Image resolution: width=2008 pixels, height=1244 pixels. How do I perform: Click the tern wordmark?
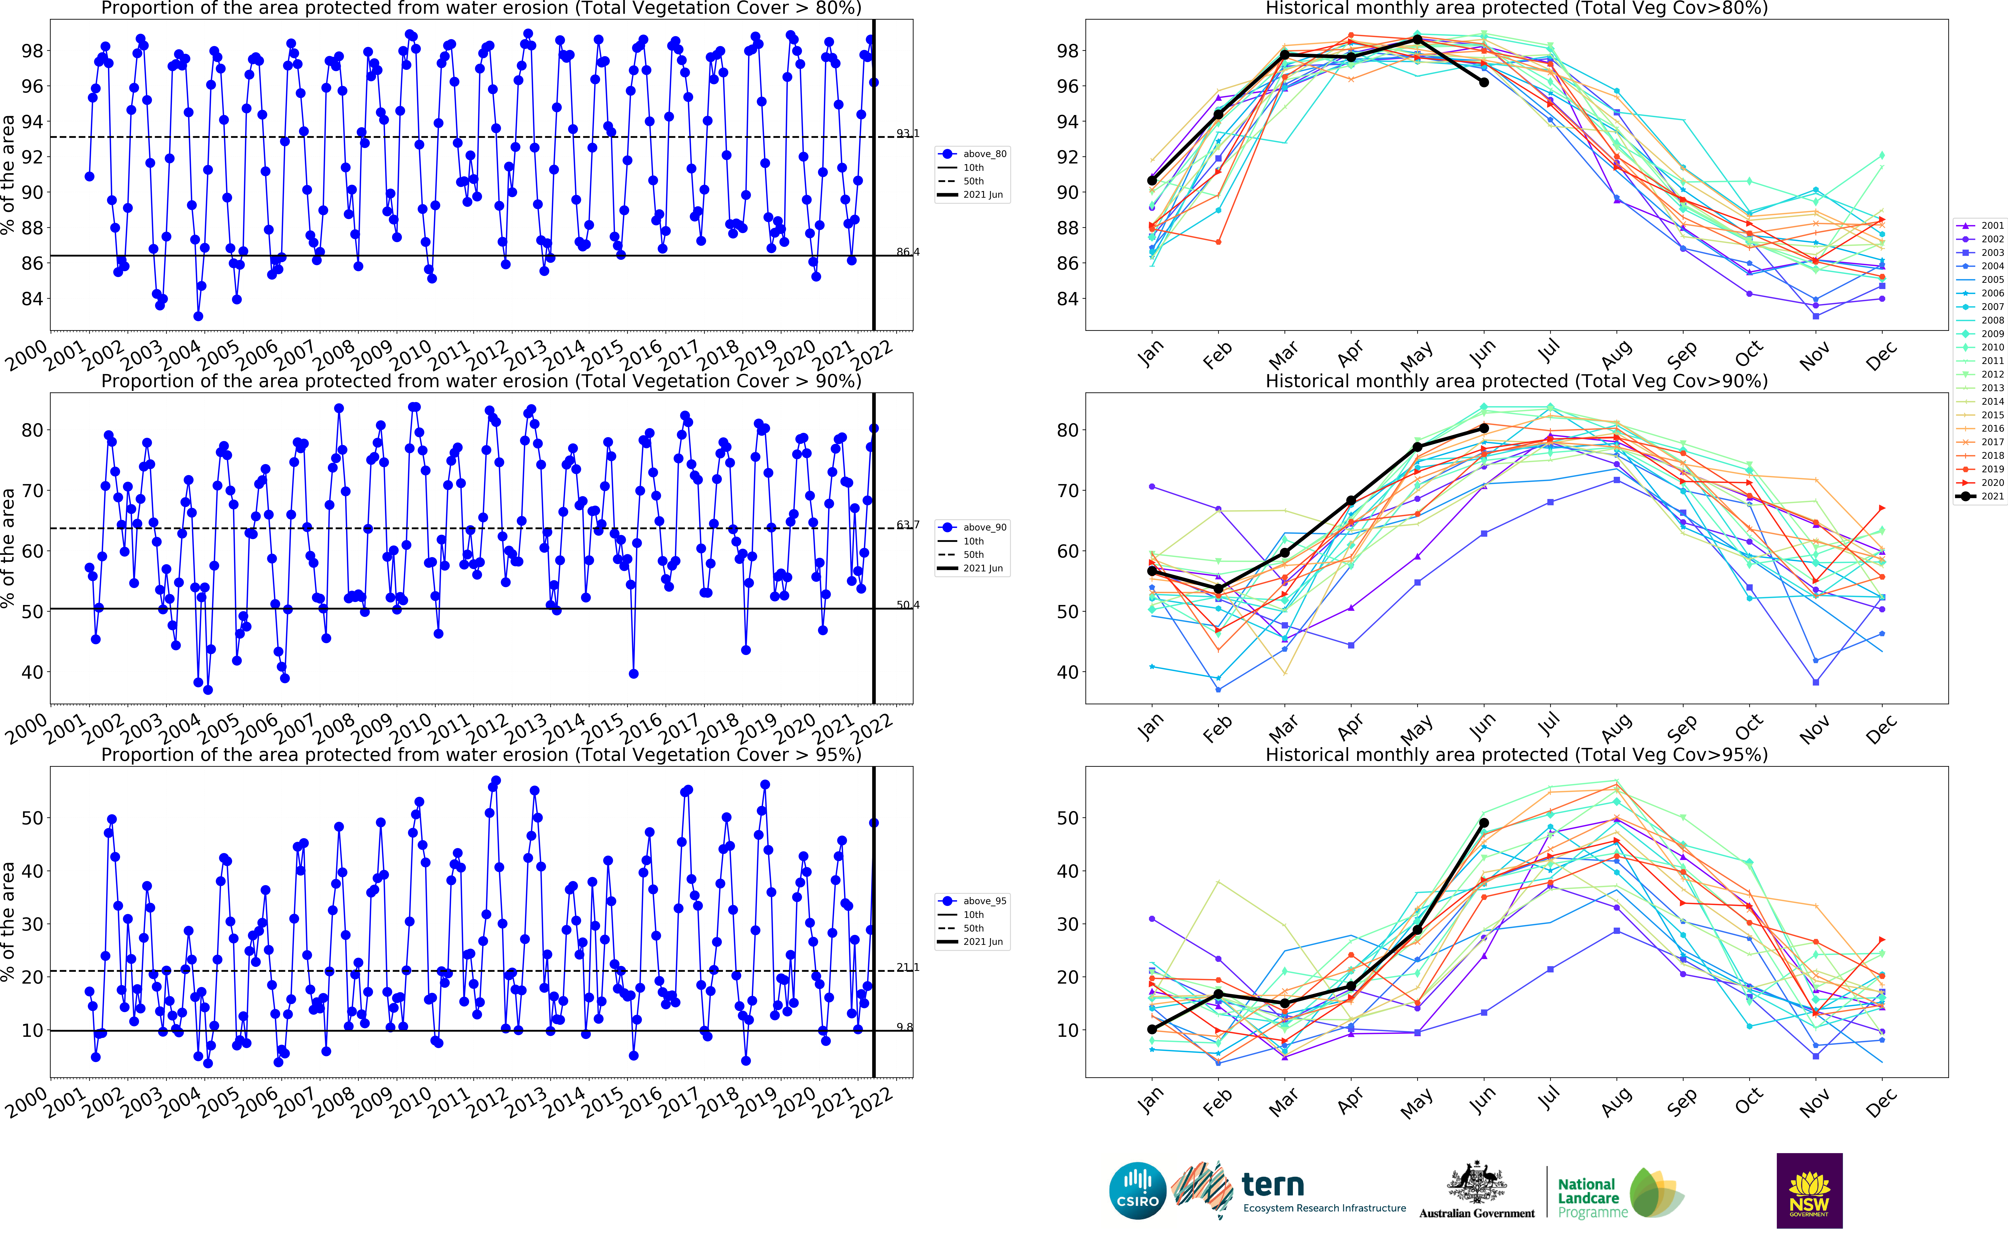[x=1272, y=1185]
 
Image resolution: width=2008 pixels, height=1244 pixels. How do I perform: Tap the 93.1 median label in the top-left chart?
[x=908, y=133]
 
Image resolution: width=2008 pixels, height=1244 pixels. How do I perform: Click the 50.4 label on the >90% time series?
[x=908, y=605]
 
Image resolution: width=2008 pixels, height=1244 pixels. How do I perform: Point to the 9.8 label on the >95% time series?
[x=904, y=1027]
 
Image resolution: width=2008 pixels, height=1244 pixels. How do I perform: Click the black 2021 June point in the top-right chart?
[x=1484, y=82]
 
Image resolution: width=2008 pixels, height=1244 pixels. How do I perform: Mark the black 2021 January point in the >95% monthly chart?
[x=1152, y=1029]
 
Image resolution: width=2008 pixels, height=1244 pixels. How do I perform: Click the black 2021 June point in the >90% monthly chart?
[x=1484, y=428]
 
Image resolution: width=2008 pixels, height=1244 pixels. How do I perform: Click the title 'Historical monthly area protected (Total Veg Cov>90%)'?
[x=1516, y=381]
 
